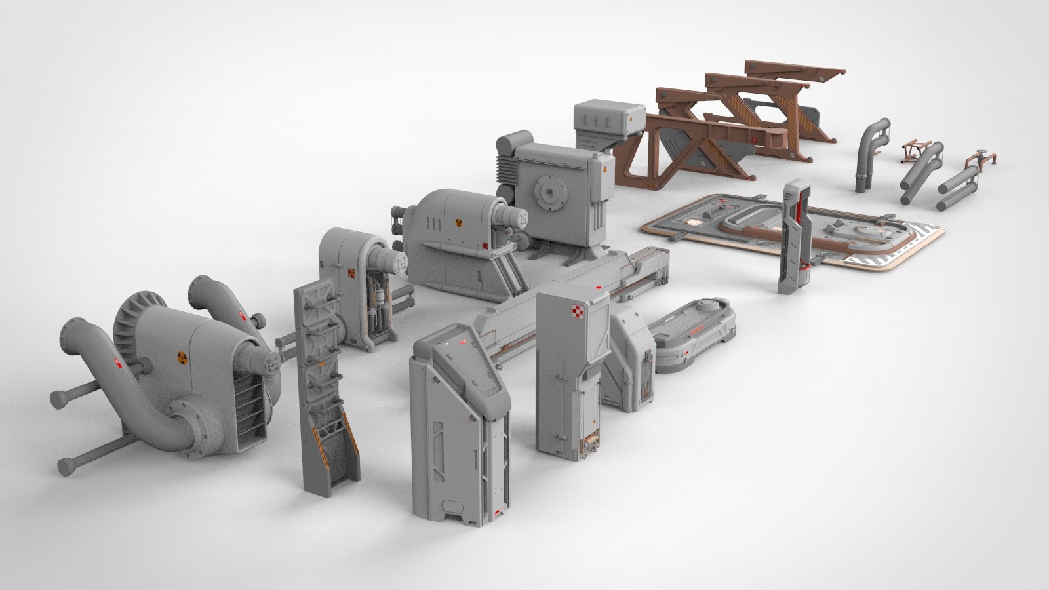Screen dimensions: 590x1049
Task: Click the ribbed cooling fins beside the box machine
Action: pos(507,168)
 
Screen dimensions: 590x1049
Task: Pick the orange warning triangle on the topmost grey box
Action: pos(629,121)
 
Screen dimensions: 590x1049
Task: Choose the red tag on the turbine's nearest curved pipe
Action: pos(117,362)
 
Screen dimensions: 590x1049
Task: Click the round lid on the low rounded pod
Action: pos(705,304)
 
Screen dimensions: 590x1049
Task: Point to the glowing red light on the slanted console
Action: pos(463,343)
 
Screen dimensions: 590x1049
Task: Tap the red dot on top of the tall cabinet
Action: pos(599,288)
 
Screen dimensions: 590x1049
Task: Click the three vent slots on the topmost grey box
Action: pos(597,120)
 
